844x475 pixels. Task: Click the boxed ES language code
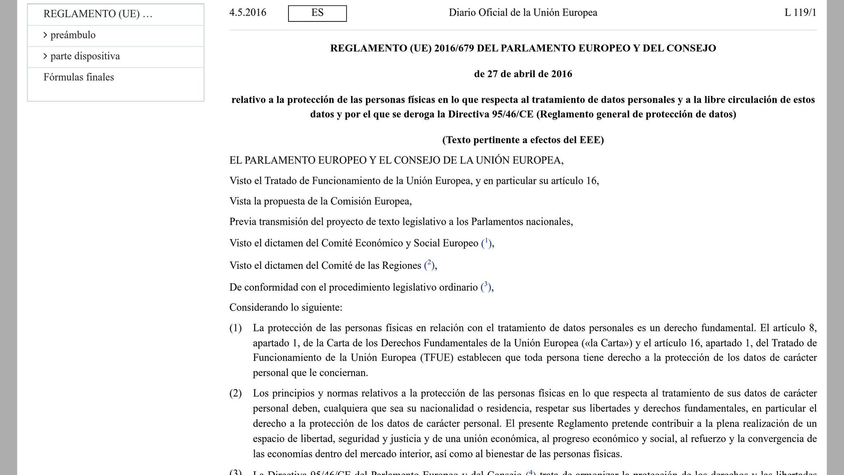(x=317, y=13)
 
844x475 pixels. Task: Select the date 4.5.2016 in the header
(x=248, y=13)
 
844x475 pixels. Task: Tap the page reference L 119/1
(x=800, y=13)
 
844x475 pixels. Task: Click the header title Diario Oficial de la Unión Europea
(x=523, y=13)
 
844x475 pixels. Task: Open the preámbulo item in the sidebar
(x=73, y=35)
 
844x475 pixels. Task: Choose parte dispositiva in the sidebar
(x=85, y=56)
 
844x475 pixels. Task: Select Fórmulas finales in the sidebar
(x=79, y=78)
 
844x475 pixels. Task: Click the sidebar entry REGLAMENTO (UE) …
(x=98, y=14)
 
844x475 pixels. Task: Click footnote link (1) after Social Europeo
(x=486, y=243)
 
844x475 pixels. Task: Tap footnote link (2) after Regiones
(x=429, y=265)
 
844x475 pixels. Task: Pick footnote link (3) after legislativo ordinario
(x=485, y=287)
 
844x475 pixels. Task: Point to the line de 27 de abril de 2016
(x=523, y=74)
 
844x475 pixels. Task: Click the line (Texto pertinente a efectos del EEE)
(x=523, y=140)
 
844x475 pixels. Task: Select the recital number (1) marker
(x=235, y=328)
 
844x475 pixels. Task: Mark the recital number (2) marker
(x=235, y=393)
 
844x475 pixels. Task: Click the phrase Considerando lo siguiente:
(x=286, y=308)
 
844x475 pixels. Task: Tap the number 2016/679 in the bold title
(x=453, y=49)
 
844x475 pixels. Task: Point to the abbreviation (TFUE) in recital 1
(x=436, y=358)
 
